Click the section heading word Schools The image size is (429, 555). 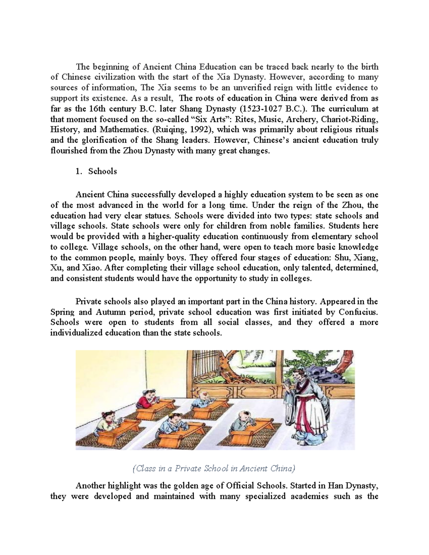pos(103,171)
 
